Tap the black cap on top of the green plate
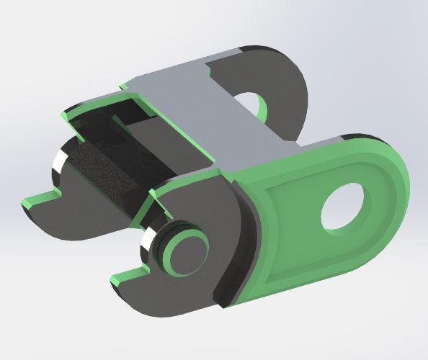coord(360,136)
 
